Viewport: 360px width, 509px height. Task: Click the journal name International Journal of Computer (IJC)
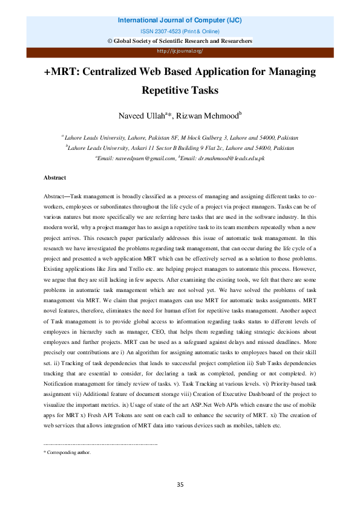click(180, 20)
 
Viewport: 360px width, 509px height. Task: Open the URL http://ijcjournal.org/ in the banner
click(180, 51)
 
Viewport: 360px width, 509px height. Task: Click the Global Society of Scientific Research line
click(180, 41)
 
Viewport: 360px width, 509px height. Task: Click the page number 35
click(180, 485)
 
